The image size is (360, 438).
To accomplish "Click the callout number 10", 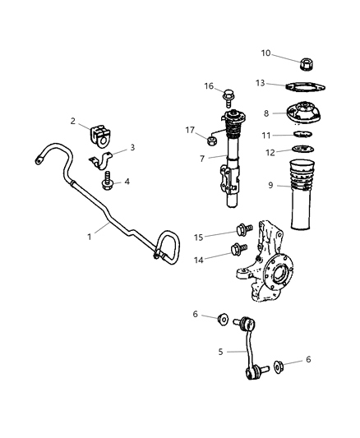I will click(266, 53).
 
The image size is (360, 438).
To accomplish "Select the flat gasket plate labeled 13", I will click(307, 89).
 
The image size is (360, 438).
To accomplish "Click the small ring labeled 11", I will click(303, 134).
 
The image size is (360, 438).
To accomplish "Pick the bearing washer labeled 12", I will click(304, 150).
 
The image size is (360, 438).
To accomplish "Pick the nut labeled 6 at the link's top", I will click(223, 319).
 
